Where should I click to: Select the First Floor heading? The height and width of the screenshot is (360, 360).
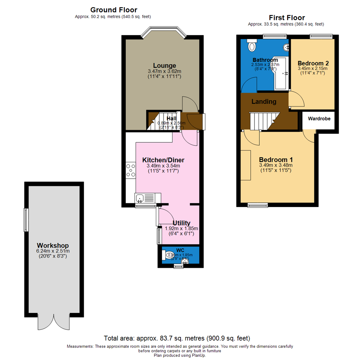tap(287, 18)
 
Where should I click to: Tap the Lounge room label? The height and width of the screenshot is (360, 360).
tap(164, 65)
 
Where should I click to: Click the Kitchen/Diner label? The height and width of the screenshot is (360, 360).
tap(163, 160)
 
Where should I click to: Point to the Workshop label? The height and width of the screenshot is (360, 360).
tap(53, 245)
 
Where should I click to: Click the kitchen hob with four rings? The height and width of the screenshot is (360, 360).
tap(130, 170)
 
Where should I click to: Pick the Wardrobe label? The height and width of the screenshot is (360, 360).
tap(319, 118)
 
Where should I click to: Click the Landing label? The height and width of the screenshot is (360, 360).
tap(264, 102)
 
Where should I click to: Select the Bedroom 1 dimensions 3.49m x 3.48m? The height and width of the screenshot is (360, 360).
tap(276, 165)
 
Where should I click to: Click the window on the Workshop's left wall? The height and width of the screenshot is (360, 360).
tap(25, 220)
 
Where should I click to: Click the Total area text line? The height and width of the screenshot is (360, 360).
tap(177, 338)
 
